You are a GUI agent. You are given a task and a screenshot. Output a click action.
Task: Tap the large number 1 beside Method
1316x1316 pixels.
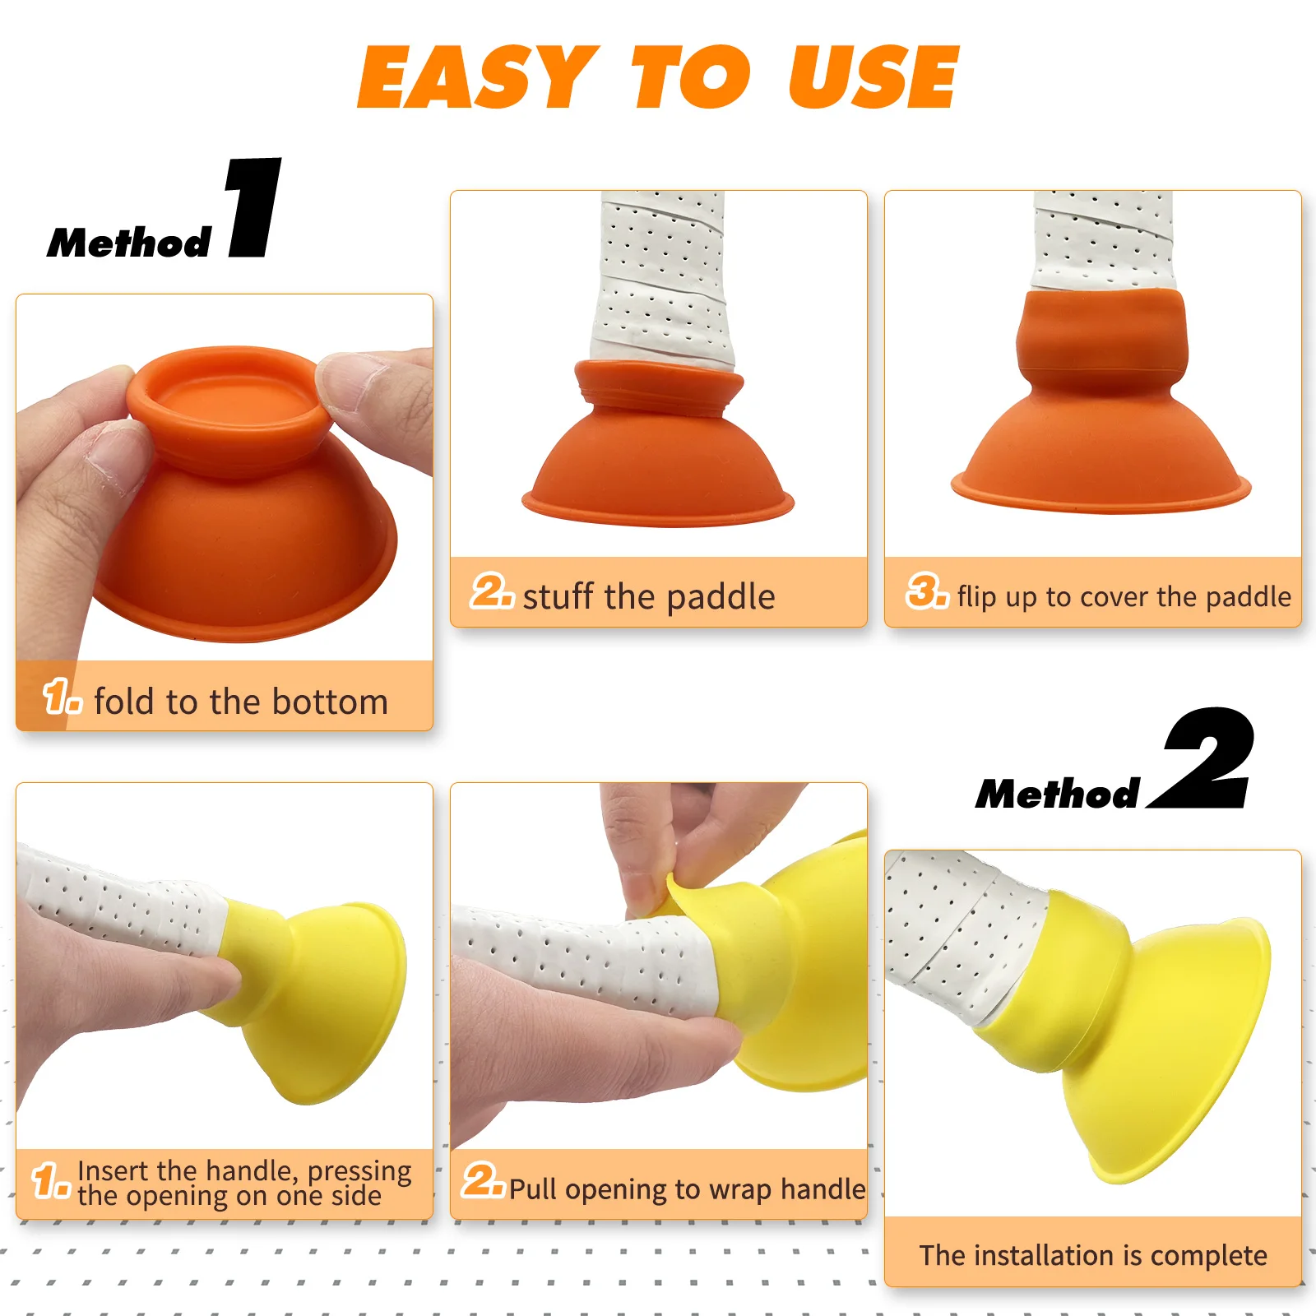pos(254,207)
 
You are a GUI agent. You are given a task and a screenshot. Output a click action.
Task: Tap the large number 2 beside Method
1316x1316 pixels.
pos(1202,758)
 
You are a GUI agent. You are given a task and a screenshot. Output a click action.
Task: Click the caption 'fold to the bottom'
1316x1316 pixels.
pos(241,702)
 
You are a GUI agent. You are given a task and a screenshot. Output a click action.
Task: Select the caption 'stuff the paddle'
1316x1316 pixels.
pos(649,596)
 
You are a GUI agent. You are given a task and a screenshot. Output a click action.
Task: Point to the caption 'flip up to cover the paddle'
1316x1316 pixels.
pos(1124,596)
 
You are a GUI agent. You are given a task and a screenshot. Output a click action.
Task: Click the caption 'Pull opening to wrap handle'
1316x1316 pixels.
pos(688,1189)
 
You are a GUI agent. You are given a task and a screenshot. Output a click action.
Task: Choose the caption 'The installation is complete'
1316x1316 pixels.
pos(1093,1255)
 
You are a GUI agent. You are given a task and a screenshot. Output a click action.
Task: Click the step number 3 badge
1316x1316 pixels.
pos(927,591)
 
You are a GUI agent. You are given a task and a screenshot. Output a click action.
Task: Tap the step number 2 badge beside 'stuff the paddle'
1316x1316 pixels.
pos(492,591)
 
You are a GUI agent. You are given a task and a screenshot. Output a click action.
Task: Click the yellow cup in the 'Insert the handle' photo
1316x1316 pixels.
pos(313,999)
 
